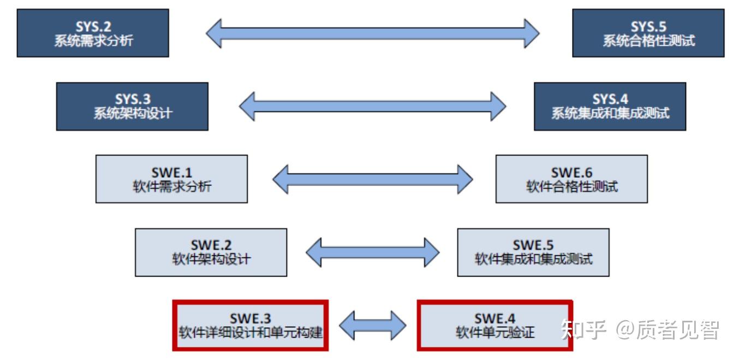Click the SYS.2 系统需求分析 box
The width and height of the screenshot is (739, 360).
pyautogui.click(x=93, y=34)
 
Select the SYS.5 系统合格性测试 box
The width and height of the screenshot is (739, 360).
pyautogui.click(x=648, y=34)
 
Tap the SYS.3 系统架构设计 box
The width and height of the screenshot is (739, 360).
pyautogui.click(x=132, y=106)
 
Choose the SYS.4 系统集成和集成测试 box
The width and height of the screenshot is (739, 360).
pyautogui.click(x=610, y=106)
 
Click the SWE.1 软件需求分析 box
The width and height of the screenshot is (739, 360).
pyautogui.click(x=171, y=179)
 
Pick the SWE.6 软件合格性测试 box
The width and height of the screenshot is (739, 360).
pyautogui.click(x=571, y=179)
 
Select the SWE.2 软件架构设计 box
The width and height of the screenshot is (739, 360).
pyautogui.click(x=211, y=252)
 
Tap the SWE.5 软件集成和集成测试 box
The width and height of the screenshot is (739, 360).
pyautogui.click(x=533, y=252)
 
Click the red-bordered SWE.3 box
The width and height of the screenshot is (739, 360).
pyautogui.click(x=251, y=325)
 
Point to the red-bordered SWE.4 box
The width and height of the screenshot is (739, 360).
pyautogui.click(x=494, y=325)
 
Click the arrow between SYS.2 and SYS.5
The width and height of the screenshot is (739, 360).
pyautogui.click(x=373, y=33)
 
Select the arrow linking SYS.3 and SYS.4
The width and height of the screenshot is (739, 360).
pyautogui.click(x=373, y=106)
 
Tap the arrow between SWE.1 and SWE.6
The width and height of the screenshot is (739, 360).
pyautogui.click(x=373, y=178)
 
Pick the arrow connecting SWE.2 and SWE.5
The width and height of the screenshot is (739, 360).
pyautogui.click(x=373, y=251)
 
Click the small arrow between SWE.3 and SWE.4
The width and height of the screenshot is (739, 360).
pyautogui.click(x=373, y=326)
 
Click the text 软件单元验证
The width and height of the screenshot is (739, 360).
pyautogui.click(x=495, y=332)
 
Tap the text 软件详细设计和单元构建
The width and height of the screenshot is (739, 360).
pyautogui.click(x=251, y=332)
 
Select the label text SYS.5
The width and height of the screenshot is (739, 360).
pyautogui.click(x=648, y=27)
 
